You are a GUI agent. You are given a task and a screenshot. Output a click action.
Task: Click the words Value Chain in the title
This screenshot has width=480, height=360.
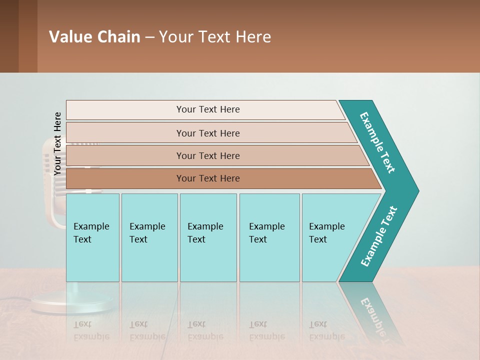click(94, 37)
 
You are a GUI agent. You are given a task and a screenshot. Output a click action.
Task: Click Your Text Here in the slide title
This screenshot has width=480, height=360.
click(215, 37)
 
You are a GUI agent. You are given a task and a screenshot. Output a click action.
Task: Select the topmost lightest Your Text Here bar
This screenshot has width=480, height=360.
click(208, 109)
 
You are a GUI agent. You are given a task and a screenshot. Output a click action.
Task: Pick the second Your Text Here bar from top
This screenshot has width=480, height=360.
click(208, 133)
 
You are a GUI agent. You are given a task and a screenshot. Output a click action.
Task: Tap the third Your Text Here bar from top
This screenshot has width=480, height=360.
click(208, 155)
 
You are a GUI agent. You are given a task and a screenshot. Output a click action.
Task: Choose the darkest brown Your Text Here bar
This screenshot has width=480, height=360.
click(208, 178)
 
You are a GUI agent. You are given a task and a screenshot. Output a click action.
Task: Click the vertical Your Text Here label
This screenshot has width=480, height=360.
click(57, 143)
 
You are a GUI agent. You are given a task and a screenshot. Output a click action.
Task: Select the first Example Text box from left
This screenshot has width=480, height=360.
click(92, 237)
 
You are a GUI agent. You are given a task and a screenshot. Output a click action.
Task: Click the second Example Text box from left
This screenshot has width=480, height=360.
click(149, 237)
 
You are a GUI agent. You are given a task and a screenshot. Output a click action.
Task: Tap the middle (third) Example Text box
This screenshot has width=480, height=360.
click(207, 237)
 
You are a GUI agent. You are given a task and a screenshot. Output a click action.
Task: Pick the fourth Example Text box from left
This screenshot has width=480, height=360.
click(269, 237)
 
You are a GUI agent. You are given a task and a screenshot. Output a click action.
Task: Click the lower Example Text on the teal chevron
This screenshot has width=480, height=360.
click(379, 236)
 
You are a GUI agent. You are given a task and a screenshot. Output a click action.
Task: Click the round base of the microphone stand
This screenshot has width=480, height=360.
click(72, 303)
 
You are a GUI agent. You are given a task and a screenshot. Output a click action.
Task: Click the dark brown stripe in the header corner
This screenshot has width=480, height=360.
click(9, 36)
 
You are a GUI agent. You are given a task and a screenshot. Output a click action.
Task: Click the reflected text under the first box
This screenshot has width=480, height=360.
click(91, 330)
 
